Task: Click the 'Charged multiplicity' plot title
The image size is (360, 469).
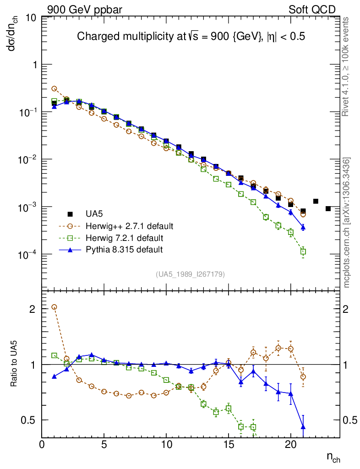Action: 191,37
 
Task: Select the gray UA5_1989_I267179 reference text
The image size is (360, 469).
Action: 190,274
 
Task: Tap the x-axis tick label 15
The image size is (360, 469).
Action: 229,445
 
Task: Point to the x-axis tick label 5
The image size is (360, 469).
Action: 104,445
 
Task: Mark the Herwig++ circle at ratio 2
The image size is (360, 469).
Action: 54,307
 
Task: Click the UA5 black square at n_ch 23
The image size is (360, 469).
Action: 328,208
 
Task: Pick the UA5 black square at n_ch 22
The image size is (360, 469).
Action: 316,201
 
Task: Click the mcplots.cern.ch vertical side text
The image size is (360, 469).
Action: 347,223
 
